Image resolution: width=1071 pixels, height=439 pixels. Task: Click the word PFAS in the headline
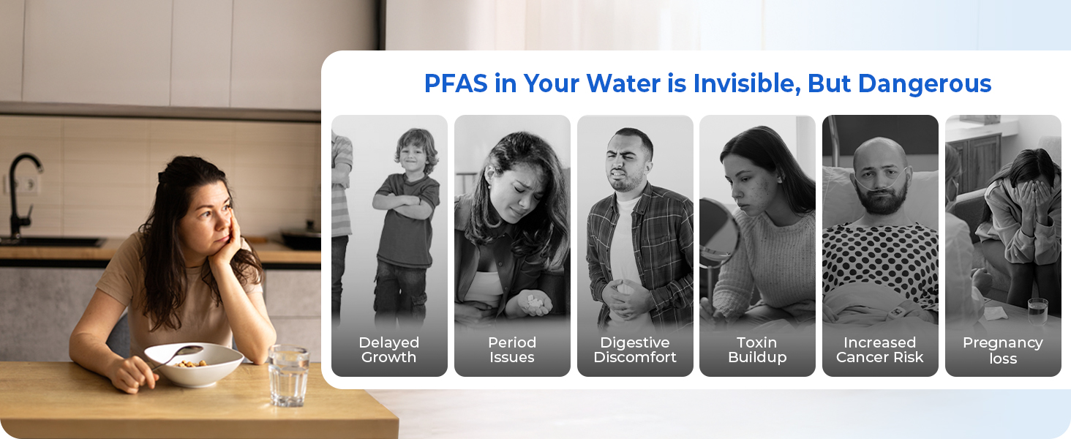pyautogui.click(x=456, y=83)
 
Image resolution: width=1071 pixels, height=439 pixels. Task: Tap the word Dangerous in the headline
pyautogui.click(x=925, y=84)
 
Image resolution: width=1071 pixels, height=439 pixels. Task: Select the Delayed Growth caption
pyautogui.click(x=388, y=350)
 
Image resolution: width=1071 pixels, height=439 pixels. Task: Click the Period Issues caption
pyautogui.click(x=511, y=350)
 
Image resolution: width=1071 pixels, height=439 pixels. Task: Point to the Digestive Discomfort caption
pyautogui.click(x=635, y=350)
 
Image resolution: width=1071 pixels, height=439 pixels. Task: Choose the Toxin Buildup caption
pyautogui.click(x=757, y=350)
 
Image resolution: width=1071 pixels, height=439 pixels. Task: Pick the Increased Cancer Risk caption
pyautogui.click(x=880, y=350)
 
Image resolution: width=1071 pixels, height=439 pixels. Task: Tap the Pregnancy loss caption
pyautogui.click(x=1003, y=350)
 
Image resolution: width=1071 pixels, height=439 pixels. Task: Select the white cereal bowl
pyautogui.click(x=194, y=365)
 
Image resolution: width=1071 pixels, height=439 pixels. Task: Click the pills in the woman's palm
pyautogui.click(x=534, y=301)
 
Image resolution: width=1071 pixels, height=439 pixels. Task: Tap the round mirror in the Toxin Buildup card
pyautogui.click(x=718, y=232)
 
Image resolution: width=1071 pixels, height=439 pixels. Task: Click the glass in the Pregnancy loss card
pyautogui.click(x=1037, y=311)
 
